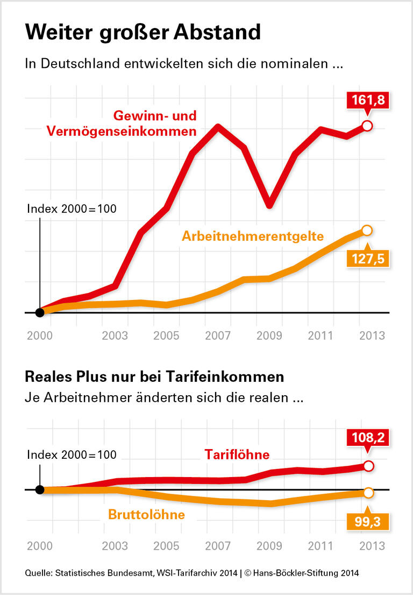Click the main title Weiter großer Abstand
tap(143, 32)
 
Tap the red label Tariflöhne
tap(237, 454)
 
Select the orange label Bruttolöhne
tap(146, 514)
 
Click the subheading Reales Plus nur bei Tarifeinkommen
tap(154, 377)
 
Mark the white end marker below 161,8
tap(367, 125)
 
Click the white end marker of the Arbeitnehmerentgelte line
tap(367, 230)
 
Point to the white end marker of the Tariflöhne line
tap(368, 466)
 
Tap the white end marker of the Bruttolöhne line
tap(368, 492)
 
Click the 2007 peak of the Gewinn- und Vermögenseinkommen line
tap(218, 127)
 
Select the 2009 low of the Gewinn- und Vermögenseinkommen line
tap(269, 205)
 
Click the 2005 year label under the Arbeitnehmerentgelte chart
tap(166, 335)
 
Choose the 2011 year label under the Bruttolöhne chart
tap(321, 545)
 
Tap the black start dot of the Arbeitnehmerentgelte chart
tap(39, 312)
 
